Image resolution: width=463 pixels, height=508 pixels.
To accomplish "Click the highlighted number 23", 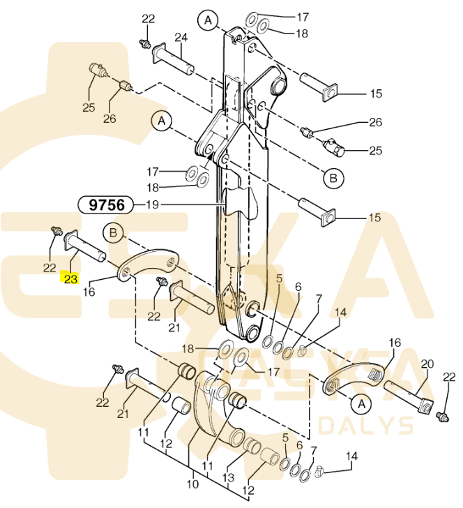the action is pos(71,278).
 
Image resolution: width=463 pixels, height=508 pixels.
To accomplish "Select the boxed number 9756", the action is pos(106,204).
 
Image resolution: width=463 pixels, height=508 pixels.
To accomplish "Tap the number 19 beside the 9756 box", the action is pos(152,204).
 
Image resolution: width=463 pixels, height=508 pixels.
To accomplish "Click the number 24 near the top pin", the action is pos(181,38).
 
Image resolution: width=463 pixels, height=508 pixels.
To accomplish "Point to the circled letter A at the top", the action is pos(208,20).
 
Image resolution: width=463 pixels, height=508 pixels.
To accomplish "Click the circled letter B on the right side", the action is pos(333,178).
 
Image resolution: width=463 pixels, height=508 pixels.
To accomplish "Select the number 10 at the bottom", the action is pos(192,484).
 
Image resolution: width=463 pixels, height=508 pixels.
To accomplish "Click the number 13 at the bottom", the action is pos(228,477).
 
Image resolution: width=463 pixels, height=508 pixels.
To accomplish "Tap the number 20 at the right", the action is pos(427,364).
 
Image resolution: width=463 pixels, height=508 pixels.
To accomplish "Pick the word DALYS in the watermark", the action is pos(365,426).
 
